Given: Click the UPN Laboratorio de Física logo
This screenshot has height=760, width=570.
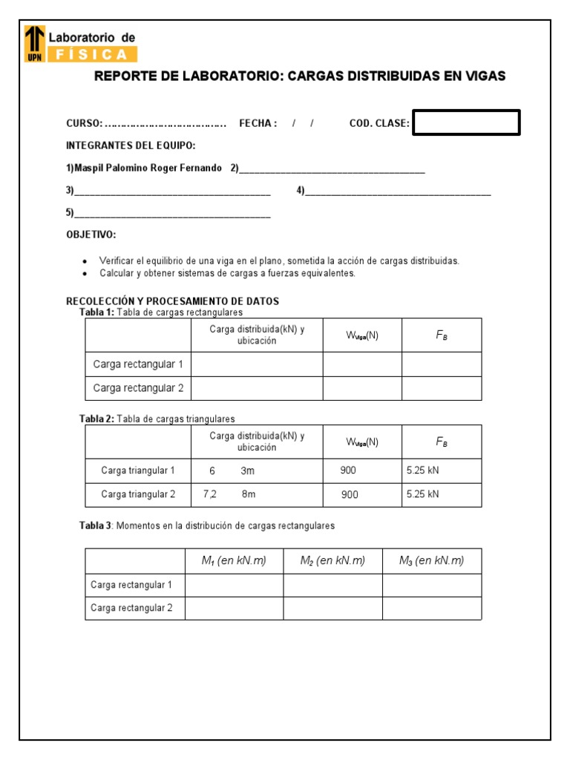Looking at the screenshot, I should [80, 44].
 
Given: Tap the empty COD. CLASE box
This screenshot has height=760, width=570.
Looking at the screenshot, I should [466, 123].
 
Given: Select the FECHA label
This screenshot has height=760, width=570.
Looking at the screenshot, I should [258, 124].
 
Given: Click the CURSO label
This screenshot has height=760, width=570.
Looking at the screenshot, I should [85, 124].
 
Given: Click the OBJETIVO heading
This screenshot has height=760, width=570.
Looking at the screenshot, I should [91, 235].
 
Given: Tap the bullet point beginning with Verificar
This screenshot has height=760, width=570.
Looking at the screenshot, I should [279, 261].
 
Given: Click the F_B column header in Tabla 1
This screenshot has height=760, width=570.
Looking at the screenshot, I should [442, 335].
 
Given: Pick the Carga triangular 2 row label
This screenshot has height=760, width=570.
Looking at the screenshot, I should [138, 494].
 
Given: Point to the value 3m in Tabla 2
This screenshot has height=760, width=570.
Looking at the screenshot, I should [248, 471].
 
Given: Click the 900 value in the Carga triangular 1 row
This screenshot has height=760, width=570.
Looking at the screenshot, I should [348, 470].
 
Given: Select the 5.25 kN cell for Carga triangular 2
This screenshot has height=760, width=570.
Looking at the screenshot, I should [423, 494].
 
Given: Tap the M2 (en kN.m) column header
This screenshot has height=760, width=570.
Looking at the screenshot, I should [332, 561].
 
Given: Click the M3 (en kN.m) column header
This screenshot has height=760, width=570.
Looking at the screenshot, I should [431, 561].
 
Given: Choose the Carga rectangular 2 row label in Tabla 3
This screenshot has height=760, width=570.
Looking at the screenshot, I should [131, 608].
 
